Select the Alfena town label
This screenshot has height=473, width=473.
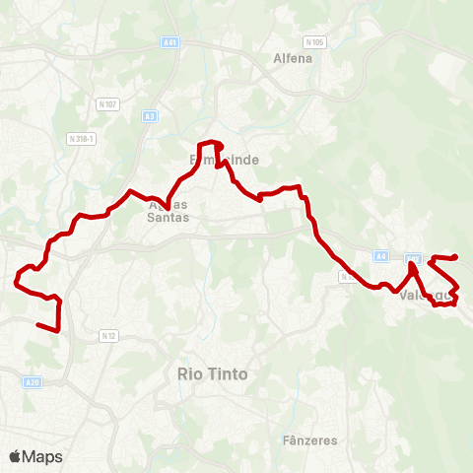292,58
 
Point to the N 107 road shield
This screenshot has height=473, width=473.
107,103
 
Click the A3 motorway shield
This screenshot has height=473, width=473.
150,115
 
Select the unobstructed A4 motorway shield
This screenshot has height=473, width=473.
380,256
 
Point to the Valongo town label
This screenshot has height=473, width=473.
425,294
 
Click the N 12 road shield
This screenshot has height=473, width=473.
108,336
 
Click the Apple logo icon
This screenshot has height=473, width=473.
15,456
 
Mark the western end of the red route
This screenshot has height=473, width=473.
37,324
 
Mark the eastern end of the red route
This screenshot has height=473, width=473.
456,257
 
